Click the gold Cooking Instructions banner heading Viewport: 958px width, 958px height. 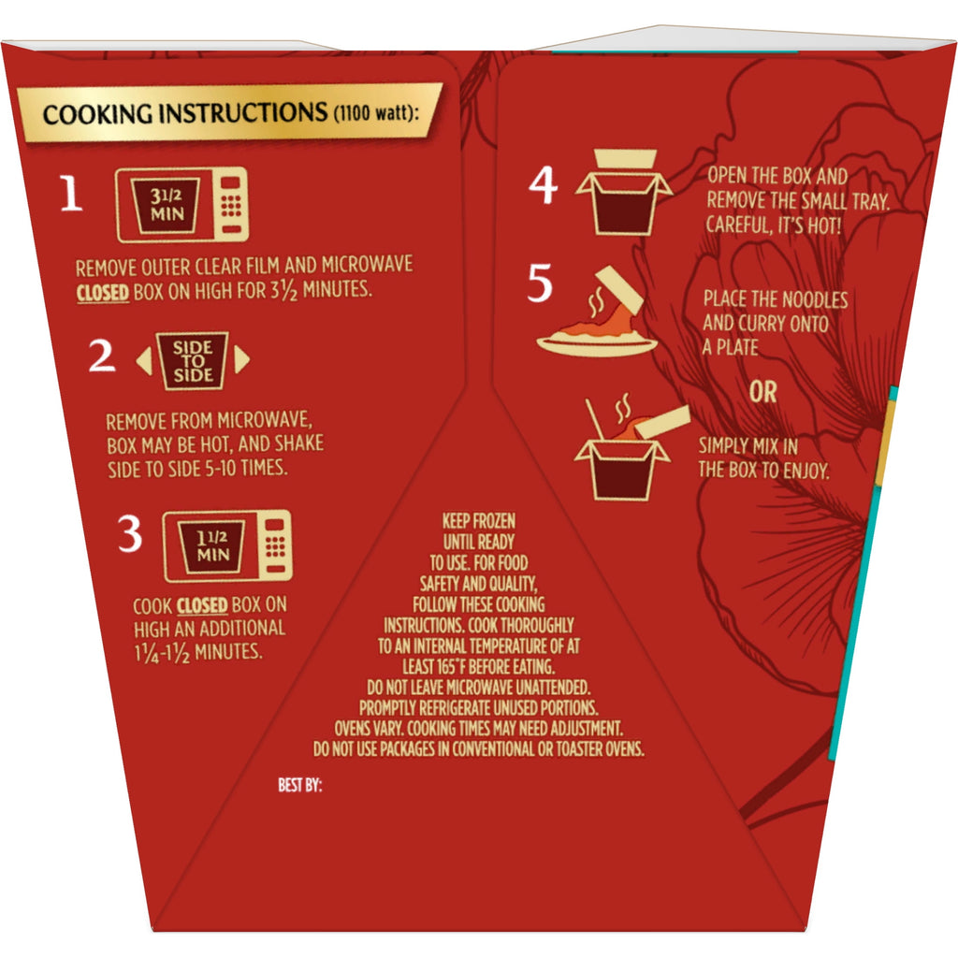(x=229, y=113)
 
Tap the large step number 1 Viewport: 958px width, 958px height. (x=71, y=193)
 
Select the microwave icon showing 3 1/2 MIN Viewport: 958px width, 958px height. (x=182, y=205)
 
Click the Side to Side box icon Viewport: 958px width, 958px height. (x=193, y=360)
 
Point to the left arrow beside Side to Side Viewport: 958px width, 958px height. (x=144, y=360)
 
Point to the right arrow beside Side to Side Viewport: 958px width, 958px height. (x=242, y=359)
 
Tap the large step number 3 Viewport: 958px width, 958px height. (x=129, y=533)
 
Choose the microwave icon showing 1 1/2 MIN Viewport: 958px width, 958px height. (x=227, y=545)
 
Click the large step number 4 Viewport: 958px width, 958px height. (x=544, y=184)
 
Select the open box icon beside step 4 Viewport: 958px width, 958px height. (x=623, y=193)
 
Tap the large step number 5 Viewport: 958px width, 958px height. (x=540, y=283)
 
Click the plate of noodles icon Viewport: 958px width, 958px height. (x=597, y=312)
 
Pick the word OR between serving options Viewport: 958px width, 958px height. (x=763, y=392)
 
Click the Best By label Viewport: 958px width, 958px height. (x=299, y=785)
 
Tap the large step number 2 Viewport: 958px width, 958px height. (x=101, y=355)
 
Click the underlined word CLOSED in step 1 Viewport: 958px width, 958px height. (x=103, y=292)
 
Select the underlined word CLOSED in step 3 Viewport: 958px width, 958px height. (x=202, y=605)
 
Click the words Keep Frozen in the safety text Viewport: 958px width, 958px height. (x=479, y=521)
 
